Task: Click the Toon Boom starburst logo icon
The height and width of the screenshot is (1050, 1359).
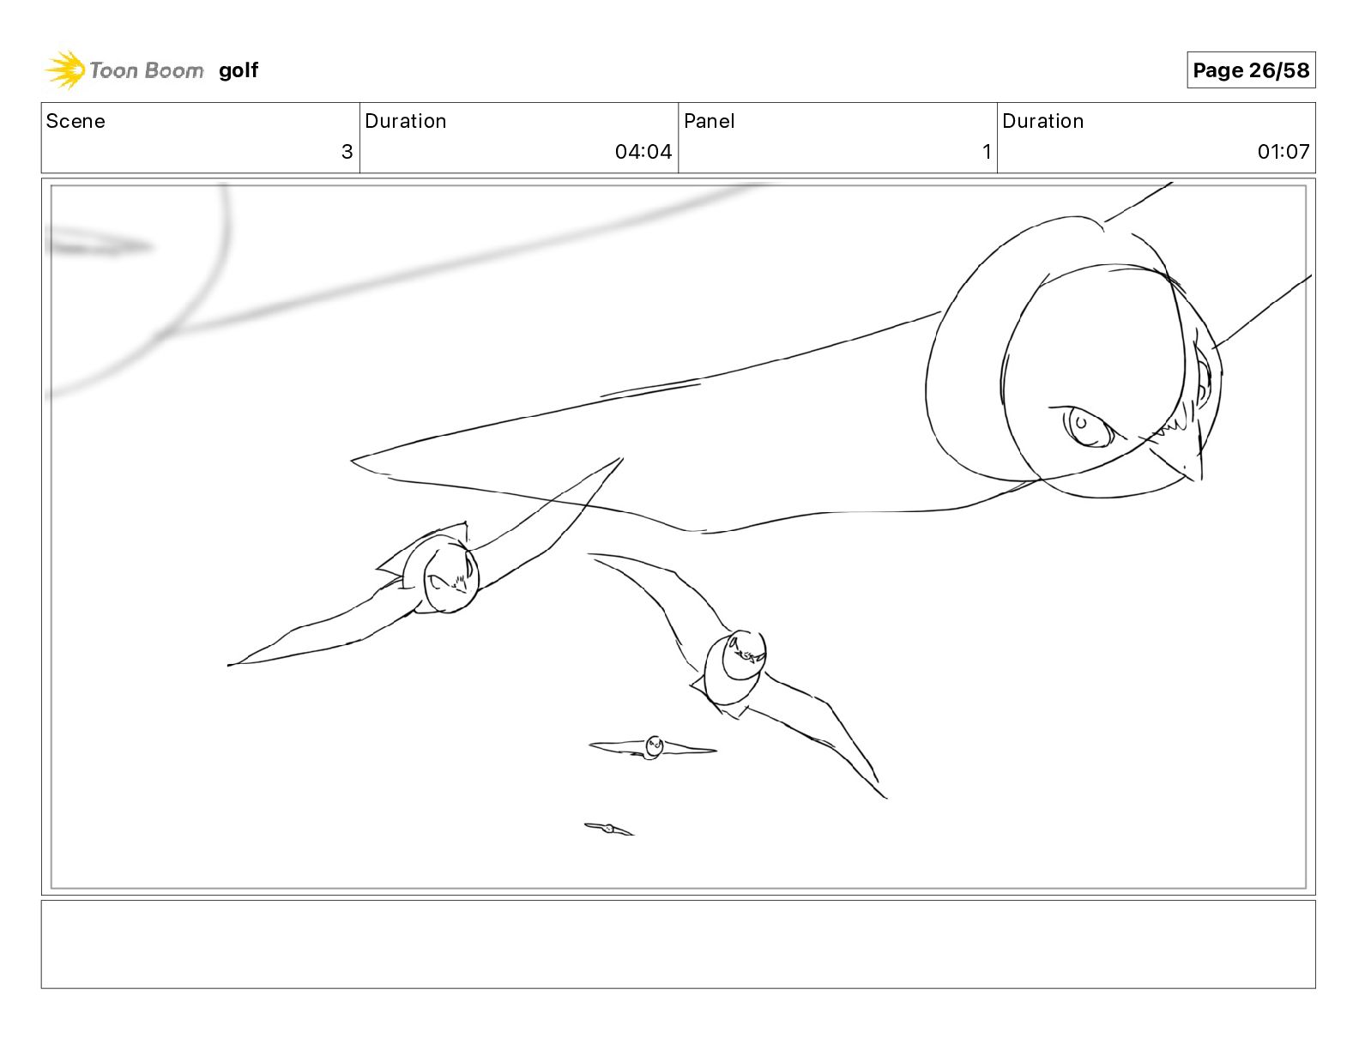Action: [65, 70]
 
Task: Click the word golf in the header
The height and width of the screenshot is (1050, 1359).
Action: [239, 70]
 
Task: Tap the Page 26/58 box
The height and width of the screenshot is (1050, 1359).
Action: [1251, 70]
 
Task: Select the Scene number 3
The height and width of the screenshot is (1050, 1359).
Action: [347, 151]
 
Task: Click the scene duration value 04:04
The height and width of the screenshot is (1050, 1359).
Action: [643, 151]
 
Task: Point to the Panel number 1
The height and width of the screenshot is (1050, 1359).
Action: [987, 151]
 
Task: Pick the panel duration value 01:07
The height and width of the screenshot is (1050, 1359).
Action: [1283, 151]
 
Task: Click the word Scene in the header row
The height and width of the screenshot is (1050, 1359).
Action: [75, 121]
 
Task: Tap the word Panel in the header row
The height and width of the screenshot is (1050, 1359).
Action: [710, 121]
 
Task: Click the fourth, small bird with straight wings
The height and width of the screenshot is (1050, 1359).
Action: [653, 747]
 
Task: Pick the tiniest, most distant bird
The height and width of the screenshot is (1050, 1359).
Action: [608, 829]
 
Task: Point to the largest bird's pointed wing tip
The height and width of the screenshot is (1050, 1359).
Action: [352, 461]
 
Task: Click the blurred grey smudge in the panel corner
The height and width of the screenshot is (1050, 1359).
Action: [100, 245]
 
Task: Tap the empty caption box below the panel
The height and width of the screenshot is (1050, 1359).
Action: [679, 944]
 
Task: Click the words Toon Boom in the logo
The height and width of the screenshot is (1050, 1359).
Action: [147, 70]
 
